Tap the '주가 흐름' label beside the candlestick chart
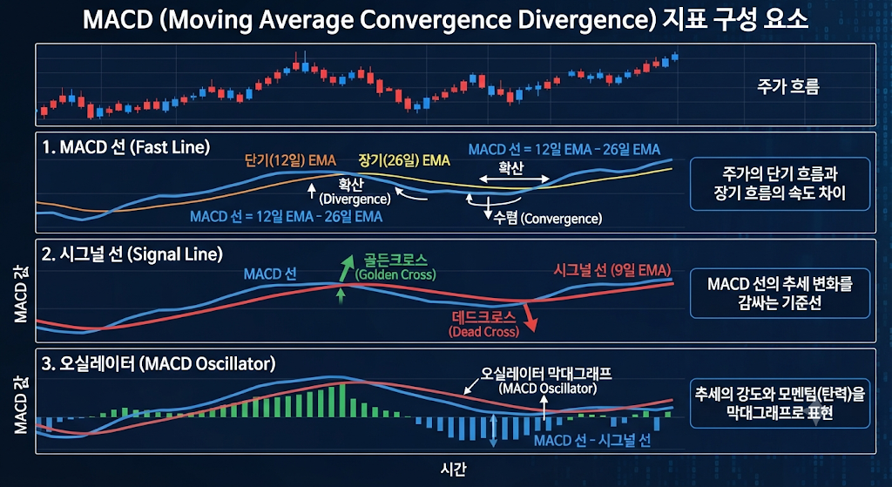[x=787, y=87]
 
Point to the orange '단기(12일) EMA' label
[x=290, y=160]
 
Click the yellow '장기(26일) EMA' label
[x=404, y=160]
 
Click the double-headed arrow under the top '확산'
[x=514, y=179]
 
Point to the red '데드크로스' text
[x=483, y=318]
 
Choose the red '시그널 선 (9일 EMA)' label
[x=612, y=270]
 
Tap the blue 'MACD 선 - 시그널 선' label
[x=592, y=441]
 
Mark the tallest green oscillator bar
[x=341, y=401]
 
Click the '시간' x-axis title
[x=453, y=470]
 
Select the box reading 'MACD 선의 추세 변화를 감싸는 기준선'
[x=780, y=293]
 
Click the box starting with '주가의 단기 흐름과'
[x=780, y=184]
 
